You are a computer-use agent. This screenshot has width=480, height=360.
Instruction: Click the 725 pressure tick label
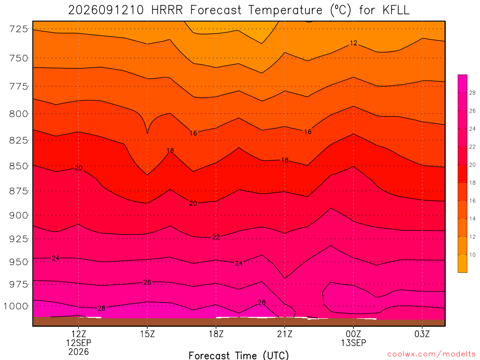(18, 29)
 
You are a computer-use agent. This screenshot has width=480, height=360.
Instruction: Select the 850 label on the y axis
(18, 166)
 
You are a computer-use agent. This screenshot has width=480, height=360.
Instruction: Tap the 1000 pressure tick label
(15, 306)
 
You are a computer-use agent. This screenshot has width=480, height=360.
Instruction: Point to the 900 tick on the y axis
(18, 216)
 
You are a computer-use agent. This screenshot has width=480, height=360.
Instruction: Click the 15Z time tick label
(148, 334)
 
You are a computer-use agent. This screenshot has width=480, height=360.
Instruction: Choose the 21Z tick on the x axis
(285, 334)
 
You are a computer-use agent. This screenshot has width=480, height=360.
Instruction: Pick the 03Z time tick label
(422, 334)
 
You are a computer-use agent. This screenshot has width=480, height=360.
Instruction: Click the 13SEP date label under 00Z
(353, 343)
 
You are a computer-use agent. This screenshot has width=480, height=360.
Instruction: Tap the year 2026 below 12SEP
(79, 352)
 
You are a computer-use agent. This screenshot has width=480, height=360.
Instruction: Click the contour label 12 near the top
(353, 43)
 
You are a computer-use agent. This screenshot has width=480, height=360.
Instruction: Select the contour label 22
(216, 237)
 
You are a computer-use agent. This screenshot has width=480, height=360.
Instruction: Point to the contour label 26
(147, 282)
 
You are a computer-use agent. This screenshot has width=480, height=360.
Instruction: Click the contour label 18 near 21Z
(285, 160)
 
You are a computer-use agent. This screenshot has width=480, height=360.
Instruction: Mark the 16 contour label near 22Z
(307, 132)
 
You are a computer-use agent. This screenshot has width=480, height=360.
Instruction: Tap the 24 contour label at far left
(55, 258)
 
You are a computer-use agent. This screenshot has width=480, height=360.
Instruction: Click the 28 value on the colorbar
(472, 93)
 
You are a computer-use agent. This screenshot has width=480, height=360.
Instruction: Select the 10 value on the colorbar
(472, 255)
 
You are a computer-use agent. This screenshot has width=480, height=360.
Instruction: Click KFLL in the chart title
(396, 10)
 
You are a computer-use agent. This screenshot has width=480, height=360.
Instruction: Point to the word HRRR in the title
(167, 10)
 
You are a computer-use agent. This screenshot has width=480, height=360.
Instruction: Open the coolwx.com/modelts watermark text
(431, 354)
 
